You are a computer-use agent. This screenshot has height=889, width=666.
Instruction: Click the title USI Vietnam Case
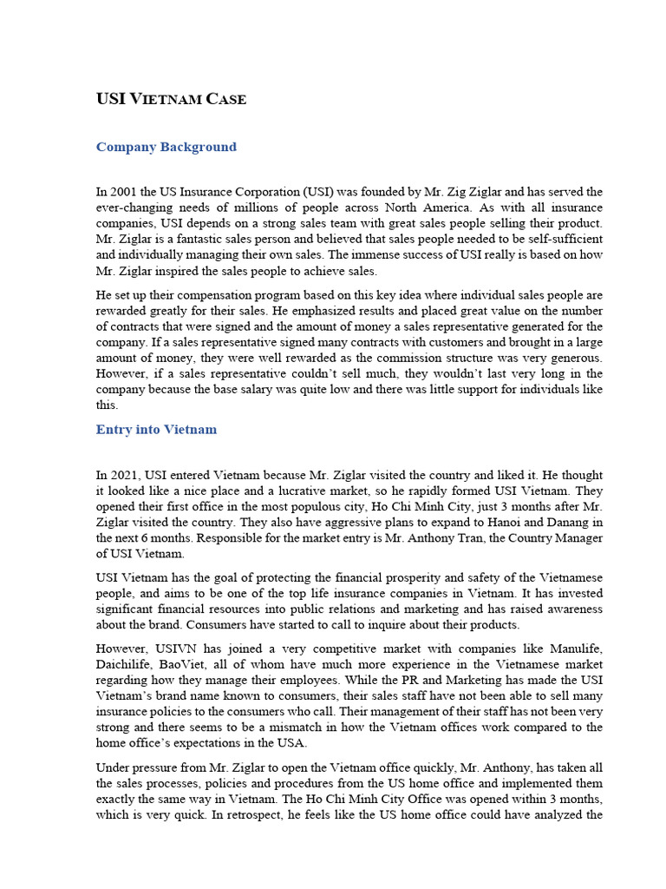point(171,99)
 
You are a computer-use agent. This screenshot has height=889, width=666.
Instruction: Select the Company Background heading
point(166,147)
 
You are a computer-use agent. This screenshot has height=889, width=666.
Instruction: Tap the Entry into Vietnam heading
point(156,430)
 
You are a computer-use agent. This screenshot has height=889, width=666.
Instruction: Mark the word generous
point(577,359)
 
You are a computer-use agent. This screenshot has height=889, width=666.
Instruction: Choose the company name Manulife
point(570,649)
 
